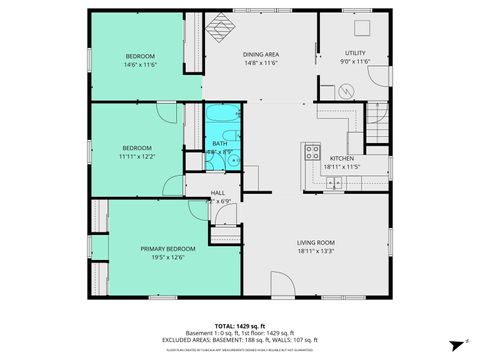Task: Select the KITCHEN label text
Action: [342, 159]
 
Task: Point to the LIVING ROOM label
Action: [315, 242]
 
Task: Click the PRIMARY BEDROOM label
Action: [161, 248]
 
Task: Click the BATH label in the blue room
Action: [220, 144]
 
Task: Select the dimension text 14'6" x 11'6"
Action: [141, 64]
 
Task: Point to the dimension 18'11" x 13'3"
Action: [315, 251]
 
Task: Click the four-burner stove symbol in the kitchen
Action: [312, 153]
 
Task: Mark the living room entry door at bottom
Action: [283, 287]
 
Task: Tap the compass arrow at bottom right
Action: [453, 341]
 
